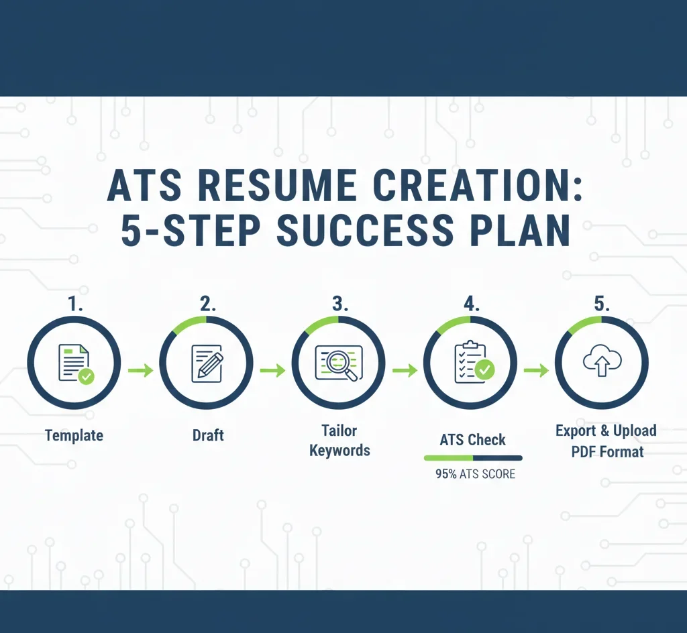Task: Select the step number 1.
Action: [x=74, y=303]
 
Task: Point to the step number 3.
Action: [x=340, y=303]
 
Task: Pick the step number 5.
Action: [x=602, y=303]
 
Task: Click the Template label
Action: [x=74, y=435]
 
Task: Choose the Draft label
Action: [x=207, y=435]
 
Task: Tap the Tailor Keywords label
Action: [x=339, y=441]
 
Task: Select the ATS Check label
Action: [x=472, y=440]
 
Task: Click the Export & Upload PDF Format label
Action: [x=606, y=441]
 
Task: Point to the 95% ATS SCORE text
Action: [x=475, y=474]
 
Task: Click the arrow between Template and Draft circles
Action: [x=140, y=369]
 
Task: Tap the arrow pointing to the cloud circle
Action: [x=536, y=369]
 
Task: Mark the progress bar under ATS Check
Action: [x=472, y=458]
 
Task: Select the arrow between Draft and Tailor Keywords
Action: [x=272, y=369]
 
